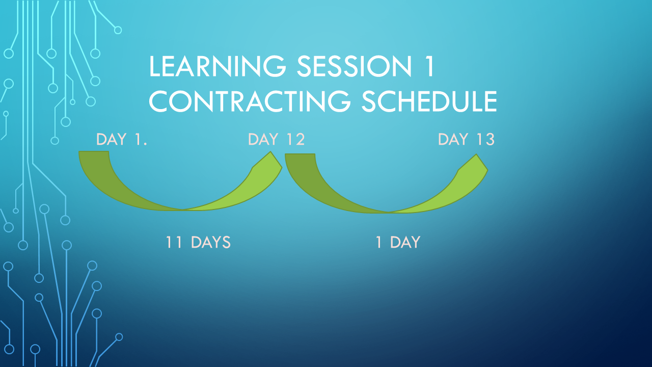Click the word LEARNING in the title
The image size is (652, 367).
(218, 66)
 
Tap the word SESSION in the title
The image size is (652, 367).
(355, 66)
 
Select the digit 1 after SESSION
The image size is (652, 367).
(429, 66)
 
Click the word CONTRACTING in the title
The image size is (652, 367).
(250, 101)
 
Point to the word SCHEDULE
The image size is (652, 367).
(429, 101)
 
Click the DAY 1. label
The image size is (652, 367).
(122, 139)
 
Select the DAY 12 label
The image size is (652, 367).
(276, 139)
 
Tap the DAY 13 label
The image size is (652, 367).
(466, 139)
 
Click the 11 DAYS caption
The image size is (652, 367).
(198, 242)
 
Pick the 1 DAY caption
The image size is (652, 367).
(398, 242)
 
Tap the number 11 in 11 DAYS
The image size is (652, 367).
(174, 242)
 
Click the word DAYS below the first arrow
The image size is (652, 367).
(211, 242)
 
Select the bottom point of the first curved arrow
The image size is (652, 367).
(183, 210)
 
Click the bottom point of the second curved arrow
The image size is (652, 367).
(389, 213)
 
